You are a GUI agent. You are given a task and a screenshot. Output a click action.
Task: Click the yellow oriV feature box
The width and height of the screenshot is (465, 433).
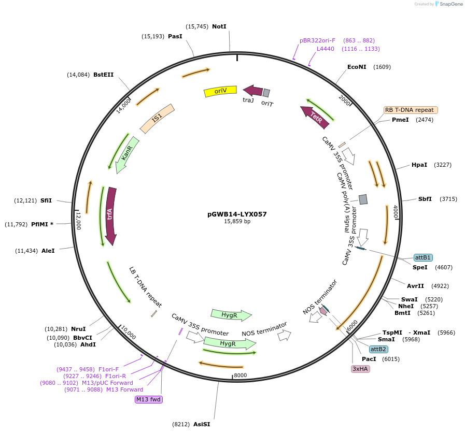coord(220,91)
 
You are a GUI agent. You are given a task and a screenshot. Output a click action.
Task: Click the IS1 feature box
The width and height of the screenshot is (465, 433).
coord(157,118)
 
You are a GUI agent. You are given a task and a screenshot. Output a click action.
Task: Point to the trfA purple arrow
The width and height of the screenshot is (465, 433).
coord(110,215)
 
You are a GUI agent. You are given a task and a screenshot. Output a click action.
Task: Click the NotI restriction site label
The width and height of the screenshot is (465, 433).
coord(219,26)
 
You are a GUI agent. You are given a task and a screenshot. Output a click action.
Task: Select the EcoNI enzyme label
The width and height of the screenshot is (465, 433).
coord(357,67)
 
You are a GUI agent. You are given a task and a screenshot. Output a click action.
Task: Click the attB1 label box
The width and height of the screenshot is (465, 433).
coord(423,257)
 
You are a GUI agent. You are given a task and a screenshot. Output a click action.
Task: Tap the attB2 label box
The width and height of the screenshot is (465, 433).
coord(378,349)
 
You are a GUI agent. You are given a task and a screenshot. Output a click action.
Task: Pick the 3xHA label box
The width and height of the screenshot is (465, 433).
coord(360,369)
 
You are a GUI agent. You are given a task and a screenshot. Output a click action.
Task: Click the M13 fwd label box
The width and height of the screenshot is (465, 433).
coord(148,399)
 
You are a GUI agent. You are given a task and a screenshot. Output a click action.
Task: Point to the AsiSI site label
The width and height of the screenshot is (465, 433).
coord(202,424)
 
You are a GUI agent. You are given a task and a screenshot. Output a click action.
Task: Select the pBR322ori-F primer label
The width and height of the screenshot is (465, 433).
coord(317,40)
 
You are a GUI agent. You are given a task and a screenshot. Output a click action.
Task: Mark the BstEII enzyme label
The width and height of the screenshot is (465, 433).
coord(103,75)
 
